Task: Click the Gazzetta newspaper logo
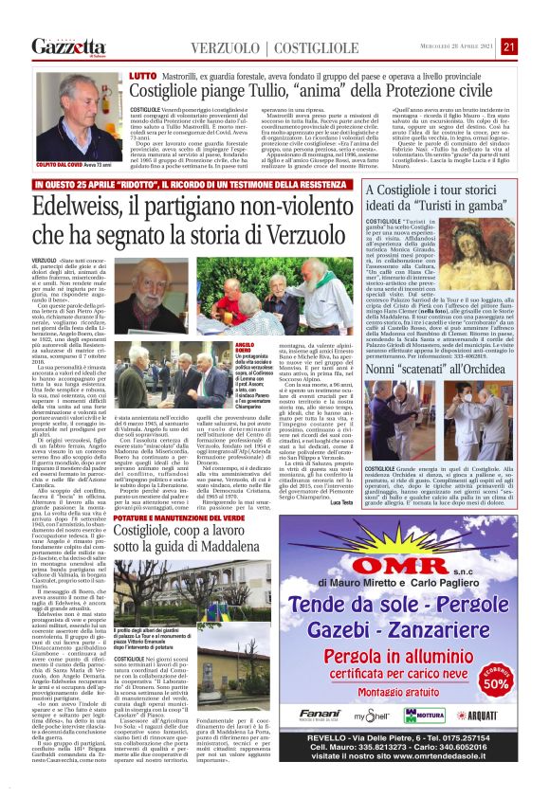pyautogui.click(x=64, y=45)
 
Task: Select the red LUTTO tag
pyautogui.click(x=140, y=71)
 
